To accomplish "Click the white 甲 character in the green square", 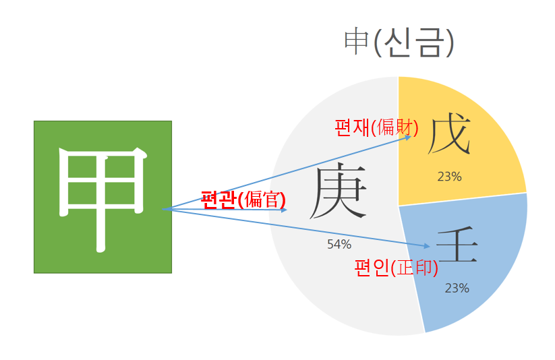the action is click(103, 198).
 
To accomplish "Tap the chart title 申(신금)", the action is click(399, 42).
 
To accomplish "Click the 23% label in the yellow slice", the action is click(449, 177).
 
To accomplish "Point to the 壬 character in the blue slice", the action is click(457, 246).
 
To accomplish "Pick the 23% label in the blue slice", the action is click(457, 288).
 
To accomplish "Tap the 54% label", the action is click(339, 244).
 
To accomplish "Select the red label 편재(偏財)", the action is click(376, 127).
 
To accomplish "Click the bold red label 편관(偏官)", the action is click(243, 200).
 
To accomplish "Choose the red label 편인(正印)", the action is click(396, 268).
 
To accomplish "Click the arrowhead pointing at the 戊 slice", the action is click(409, 138).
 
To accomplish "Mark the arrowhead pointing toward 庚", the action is click(285, 210).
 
